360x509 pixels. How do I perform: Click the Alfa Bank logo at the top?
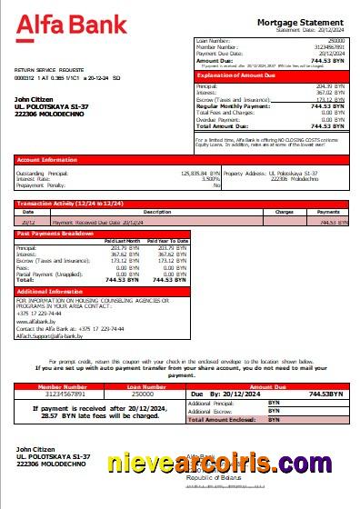(x=71, y=24)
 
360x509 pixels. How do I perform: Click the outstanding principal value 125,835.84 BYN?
(x=196, y=172)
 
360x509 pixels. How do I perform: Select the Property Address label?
(x=246, y=172)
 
